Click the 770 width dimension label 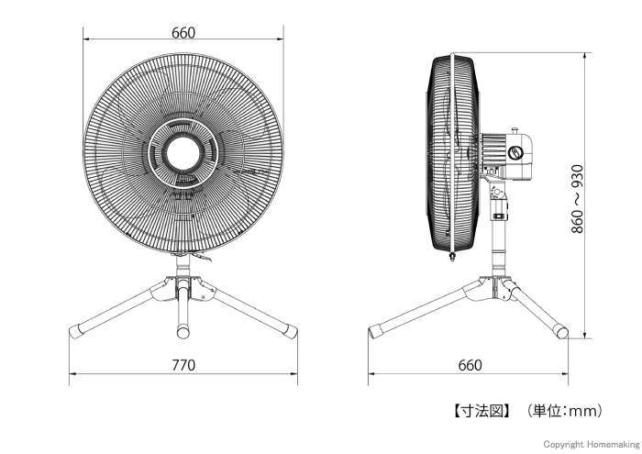click(x=183, y=365)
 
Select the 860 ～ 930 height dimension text click(x=577, y=199)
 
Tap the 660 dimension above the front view click(x=183, y=33)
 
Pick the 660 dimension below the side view click(x=470, y=365)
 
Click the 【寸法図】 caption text click(x=481, y=411)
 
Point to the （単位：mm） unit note click(x=565, y=411)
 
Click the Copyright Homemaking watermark click(x=592, y=444)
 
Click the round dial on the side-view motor click(x=515, y=153)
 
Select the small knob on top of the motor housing click(x=515, y=131)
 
